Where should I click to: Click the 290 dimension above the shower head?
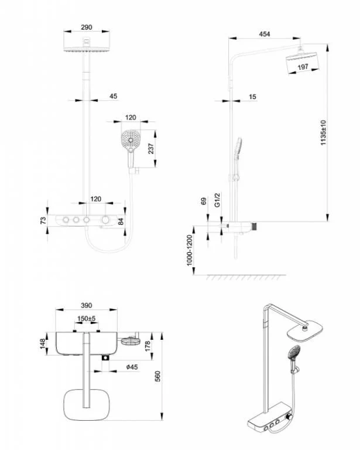86,28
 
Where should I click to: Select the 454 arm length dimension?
264,34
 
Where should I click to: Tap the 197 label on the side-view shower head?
303,67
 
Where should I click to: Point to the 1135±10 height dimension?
323,132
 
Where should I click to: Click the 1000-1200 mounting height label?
190,250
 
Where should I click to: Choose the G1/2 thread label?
217,200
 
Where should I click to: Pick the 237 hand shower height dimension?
151,148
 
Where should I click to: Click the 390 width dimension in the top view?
86,305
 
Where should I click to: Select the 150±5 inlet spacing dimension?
86,319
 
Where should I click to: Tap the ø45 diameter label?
132,367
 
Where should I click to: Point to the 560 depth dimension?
157,376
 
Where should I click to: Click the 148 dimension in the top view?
42,344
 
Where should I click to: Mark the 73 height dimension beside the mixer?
43,220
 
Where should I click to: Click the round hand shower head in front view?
131,139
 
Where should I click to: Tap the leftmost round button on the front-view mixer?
66,220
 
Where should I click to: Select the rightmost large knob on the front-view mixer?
105,220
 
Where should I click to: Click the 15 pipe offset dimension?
252,97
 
